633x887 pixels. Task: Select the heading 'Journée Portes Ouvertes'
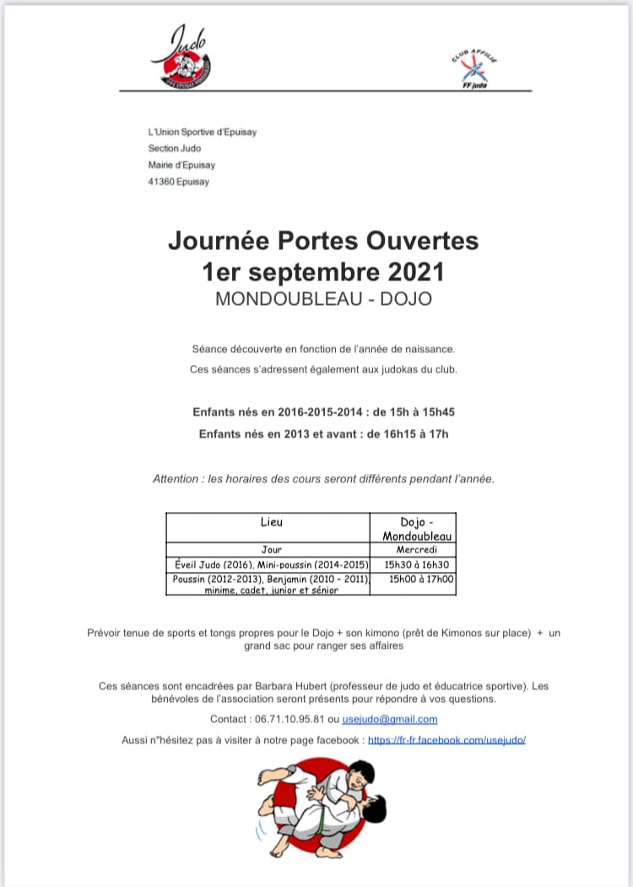pos(323,241)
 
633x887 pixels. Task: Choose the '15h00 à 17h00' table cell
pos(419,580)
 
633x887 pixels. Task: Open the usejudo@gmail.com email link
pos(390,719)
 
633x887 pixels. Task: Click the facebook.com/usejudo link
pos(446,739)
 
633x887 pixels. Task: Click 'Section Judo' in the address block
pos(175,149)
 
